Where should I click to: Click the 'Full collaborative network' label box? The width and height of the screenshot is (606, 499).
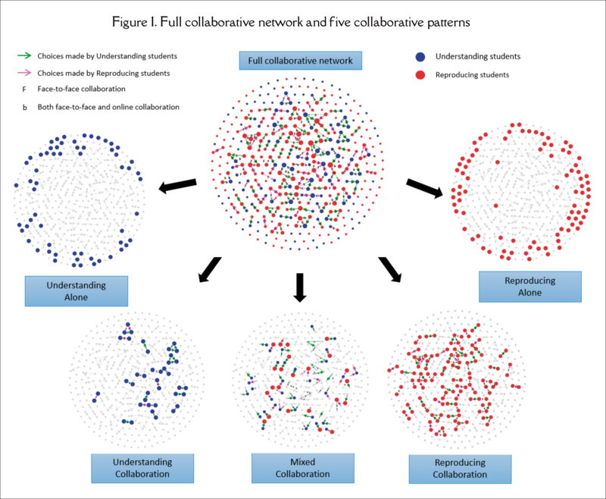(x=301, y=60)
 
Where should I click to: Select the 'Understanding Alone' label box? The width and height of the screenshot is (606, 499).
(x=76, y=290)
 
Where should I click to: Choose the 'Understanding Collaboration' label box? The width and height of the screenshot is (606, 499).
(x=142, y=468)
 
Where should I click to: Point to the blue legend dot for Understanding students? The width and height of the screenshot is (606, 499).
(x=420, y=56)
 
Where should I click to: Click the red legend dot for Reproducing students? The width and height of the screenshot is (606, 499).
(x=420, y=75)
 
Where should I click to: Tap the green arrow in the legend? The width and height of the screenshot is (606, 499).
(x=24, y=55)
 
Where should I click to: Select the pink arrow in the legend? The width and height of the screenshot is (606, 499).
(x=24, y=73)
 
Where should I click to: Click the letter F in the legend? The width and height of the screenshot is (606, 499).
(x=24, y=89)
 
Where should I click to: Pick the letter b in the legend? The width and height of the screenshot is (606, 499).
(x=24, y=107)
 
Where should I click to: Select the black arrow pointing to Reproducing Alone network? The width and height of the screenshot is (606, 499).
(x=425, y=187)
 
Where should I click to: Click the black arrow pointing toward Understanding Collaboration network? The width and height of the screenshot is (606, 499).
(x=209, y=270)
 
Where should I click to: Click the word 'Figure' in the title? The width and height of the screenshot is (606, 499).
(x=155, y=22)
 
